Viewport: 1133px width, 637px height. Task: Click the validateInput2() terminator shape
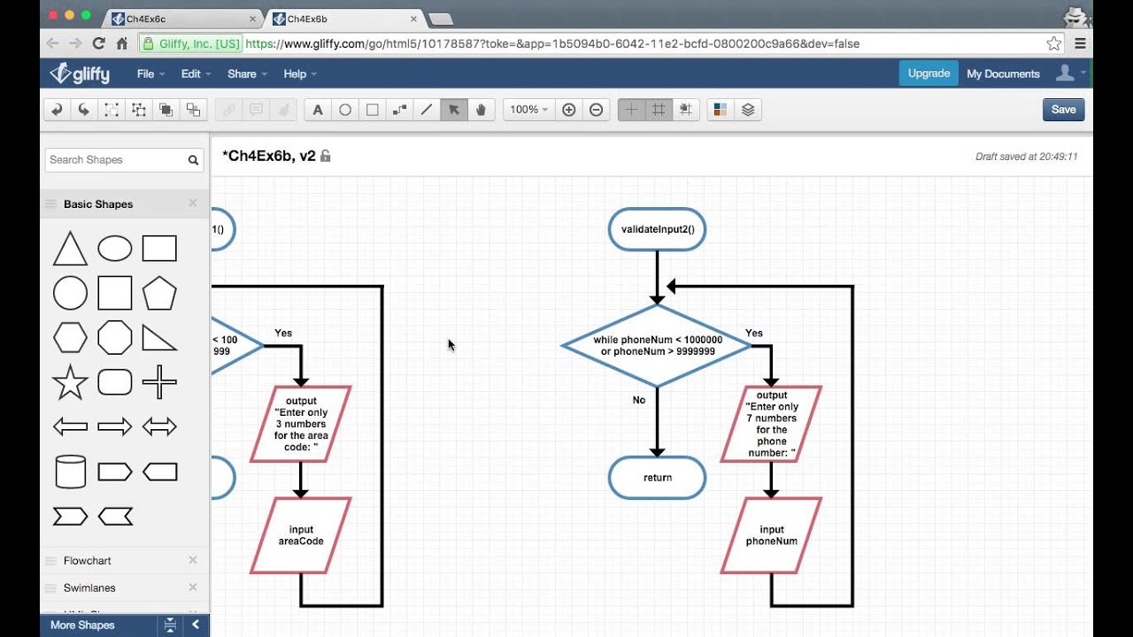click(x=657, y=229)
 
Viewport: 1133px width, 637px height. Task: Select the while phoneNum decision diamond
click(x=657, y=346)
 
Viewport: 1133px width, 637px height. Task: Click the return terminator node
click(x=657, y=478)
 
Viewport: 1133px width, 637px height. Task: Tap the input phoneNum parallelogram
click(x=771, y=535)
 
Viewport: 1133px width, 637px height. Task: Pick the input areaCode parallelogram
click(x=300, y=535)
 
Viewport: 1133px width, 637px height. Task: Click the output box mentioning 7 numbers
click(x=771, y=424)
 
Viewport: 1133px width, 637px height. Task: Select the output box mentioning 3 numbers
click(x=300, y=424)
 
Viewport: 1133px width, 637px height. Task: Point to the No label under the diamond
click(x=639, y=400)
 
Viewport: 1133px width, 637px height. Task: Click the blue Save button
click(x=1063, y=110)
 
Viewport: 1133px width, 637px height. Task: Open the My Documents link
click(x=1003, y=74)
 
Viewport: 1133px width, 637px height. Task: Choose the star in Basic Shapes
click(x=70, y=383)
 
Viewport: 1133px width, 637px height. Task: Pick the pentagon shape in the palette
click(x=159, y=293)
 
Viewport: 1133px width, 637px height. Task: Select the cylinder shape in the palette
click(x=70, y=472)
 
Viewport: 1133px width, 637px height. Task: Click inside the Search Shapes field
click(x=115, y=160)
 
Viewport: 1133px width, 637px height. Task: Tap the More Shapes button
click(x=82, y=625)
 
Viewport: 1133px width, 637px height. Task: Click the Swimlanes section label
click(x=89, y=587)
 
